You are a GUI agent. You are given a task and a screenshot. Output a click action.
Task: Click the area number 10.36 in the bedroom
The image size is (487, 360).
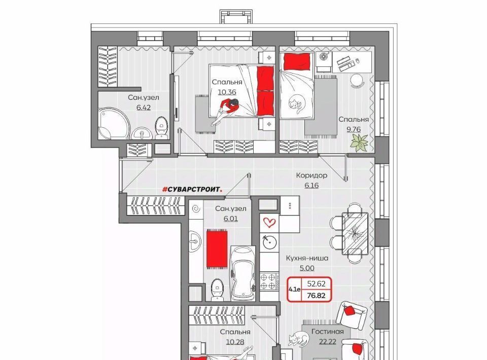[x=227, y=92]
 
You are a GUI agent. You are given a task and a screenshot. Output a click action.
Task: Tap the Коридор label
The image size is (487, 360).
[x=311, y=175]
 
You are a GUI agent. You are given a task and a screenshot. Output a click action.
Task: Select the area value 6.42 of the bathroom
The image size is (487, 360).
[x=144, y=107]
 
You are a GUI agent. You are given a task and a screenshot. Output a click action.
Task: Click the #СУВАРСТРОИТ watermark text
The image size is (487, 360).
[x=193, y=189]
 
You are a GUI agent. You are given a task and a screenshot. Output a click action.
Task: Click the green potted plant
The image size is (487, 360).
[x=359, y=143]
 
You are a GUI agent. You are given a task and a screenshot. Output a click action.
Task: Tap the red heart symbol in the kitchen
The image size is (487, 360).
[x=269, y=222]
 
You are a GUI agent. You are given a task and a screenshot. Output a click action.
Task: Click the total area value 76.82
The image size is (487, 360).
[x=316, y=296]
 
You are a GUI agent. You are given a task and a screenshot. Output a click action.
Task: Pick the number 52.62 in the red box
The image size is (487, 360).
[x=316, y=283]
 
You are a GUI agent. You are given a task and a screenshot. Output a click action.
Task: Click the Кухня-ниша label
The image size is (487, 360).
[x=307, y=258]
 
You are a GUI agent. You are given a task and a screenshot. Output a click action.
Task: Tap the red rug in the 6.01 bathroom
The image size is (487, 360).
[x=217, y=248]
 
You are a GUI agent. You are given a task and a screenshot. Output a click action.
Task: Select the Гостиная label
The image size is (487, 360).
[x=328, y=332]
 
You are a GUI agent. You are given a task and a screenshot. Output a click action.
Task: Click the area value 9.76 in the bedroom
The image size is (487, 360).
[x=354, y=129]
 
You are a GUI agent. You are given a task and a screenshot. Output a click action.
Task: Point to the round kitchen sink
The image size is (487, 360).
[x=269, y=242]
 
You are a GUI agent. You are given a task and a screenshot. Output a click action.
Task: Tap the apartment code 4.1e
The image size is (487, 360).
[x=294, y=290]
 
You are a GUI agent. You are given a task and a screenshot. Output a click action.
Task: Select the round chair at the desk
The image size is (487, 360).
[x=357, y=81]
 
